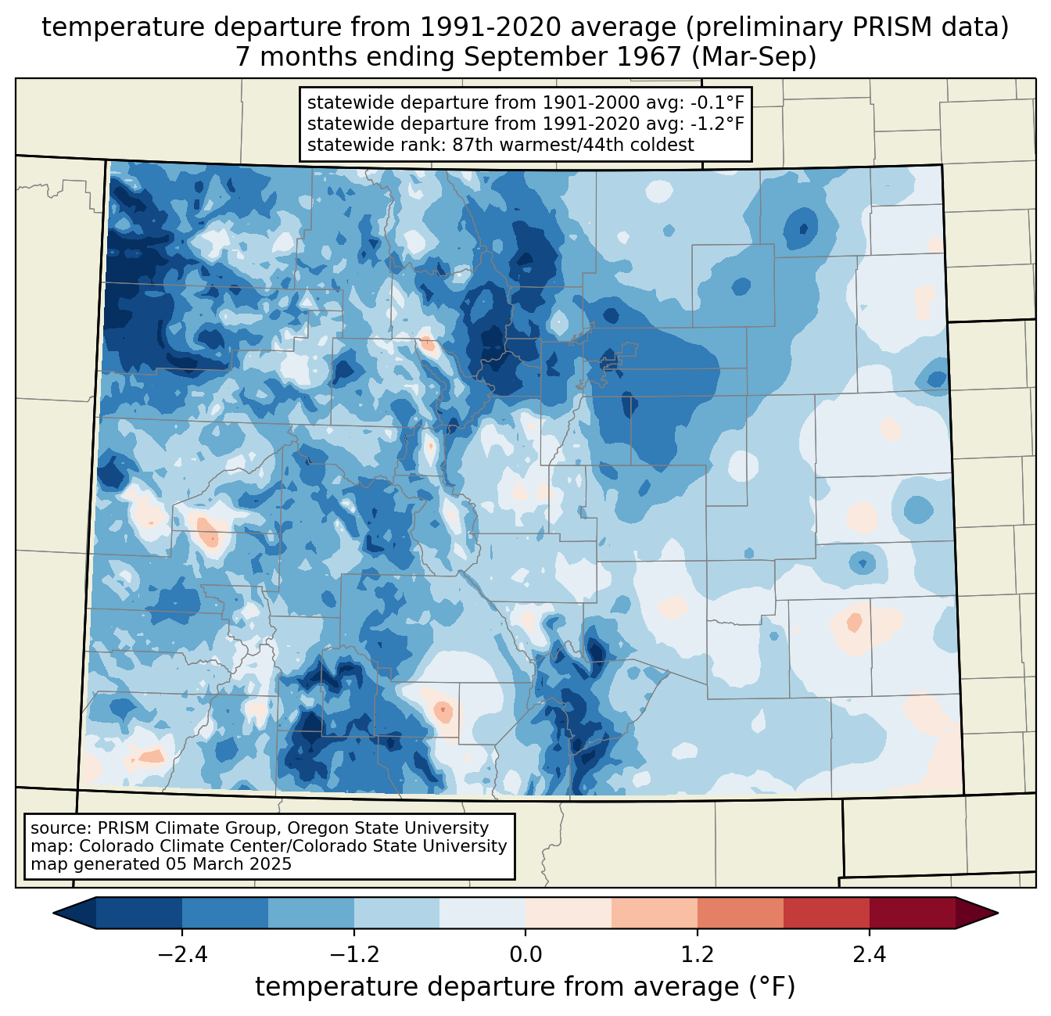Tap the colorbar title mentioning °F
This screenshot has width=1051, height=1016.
coord(525,987)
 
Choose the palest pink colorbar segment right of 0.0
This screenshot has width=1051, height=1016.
coord(569,913)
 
